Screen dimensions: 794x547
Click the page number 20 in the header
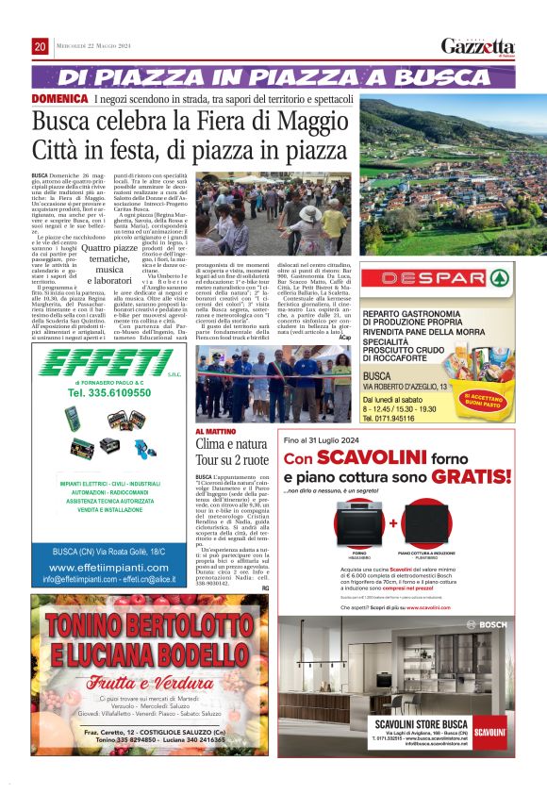pyautogui.click(x=40, y=47)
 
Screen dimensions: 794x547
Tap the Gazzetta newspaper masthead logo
pyautogui.click(x=479, y=47)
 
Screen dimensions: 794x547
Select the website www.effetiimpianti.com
pyautogui.click(x=109, y=568)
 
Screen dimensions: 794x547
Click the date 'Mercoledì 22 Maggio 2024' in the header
pyautogui.click(x=98, y=47)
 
